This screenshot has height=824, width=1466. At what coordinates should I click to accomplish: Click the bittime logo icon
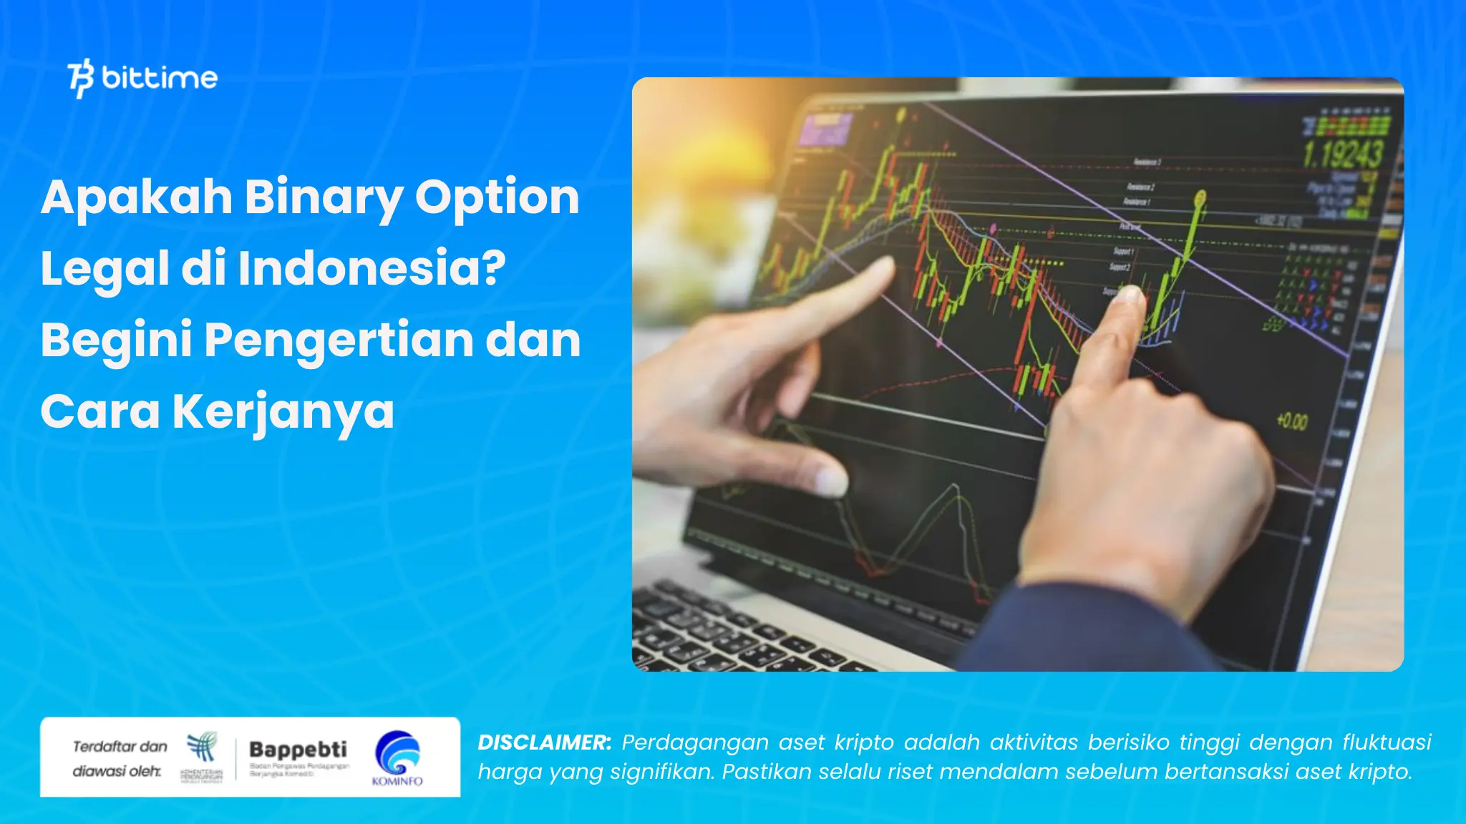pos(81,78)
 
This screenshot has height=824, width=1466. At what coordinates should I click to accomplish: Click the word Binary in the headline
pos(323,197)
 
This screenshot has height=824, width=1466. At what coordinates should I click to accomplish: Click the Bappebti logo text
pos(298,750)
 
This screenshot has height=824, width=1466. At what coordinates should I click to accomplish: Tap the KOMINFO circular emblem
pos(397,752)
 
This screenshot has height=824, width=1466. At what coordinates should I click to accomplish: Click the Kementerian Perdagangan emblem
pos(202,747)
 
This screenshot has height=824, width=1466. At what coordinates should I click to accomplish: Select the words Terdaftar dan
pos(120,747)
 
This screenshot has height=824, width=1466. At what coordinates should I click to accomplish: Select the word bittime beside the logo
pos(160,78)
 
